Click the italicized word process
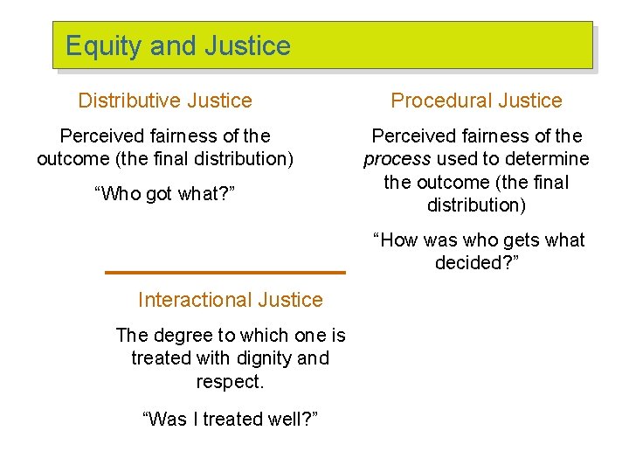coord(396,159)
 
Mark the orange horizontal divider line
coord(225,273)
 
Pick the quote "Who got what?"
coord(165,194)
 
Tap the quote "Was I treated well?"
coord(230,419)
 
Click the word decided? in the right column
coord(477,263)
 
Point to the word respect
coord(230,382)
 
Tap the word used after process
coord(454,159)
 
